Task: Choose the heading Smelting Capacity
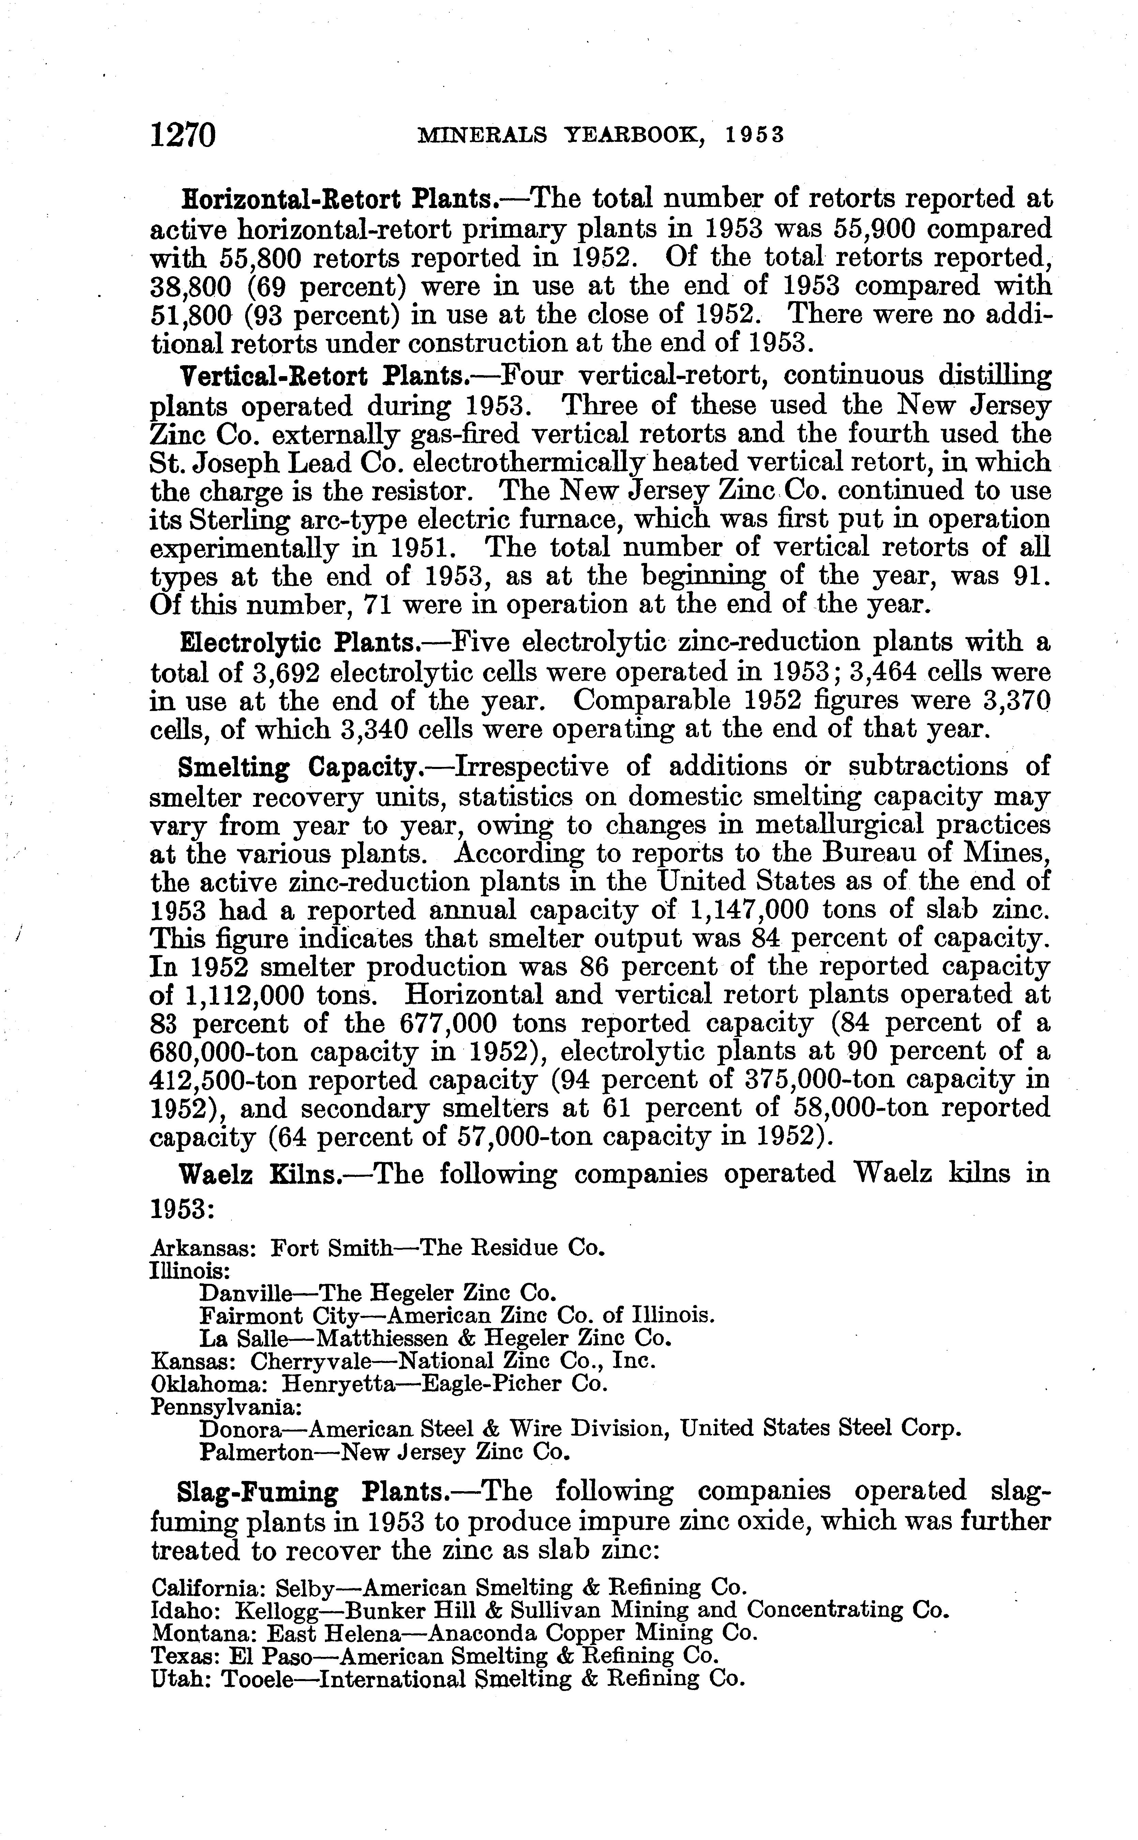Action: (x=298, y=767)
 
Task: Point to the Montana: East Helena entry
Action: (x=454, y=1632)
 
